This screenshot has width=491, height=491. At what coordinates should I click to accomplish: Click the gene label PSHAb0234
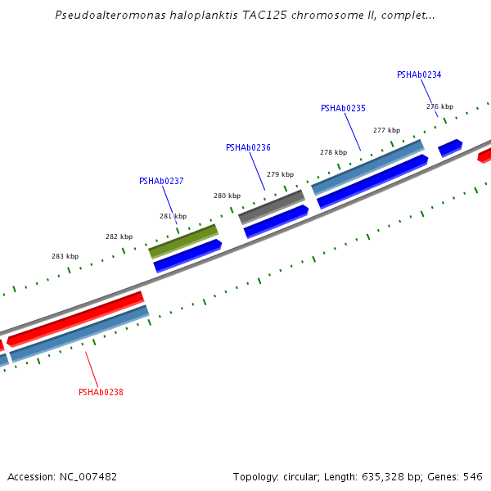tap(419, 74)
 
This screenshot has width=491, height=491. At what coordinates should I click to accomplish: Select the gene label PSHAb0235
tap(343, 108)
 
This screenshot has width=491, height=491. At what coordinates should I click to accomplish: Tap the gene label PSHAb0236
tap(248, 147)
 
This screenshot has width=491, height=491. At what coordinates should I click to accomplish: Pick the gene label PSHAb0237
tap(161, 181)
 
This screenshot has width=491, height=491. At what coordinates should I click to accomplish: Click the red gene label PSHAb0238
tap(101, 392)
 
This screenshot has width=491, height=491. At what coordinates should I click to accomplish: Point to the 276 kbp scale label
tap(439, 106)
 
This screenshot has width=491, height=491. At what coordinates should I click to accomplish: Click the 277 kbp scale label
tap(386, 130)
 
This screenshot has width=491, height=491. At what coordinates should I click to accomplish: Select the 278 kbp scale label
tap(334, 152)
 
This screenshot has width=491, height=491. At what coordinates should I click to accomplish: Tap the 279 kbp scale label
tap(280, 174)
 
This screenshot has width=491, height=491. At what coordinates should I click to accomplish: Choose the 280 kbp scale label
tap(227, 196)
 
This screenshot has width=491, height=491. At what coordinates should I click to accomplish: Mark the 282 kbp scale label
tap(119, 236)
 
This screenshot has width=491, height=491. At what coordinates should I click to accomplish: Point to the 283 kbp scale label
tap(65, 256)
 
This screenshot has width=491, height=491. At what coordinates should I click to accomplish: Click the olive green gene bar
tap(183, 241)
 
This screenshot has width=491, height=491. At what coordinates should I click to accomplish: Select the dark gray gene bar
tap(272, 207)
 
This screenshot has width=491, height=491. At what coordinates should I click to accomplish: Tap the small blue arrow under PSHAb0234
tap(450, 148)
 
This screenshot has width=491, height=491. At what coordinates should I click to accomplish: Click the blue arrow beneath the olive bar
tap(187, 256)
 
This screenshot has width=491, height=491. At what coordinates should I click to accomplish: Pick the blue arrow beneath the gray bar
tap(276, 222)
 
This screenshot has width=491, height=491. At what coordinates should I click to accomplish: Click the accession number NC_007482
tap(88, 477)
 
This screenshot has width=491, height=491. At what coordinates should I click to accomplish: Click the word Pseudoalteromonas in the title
tap(110, 15)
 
